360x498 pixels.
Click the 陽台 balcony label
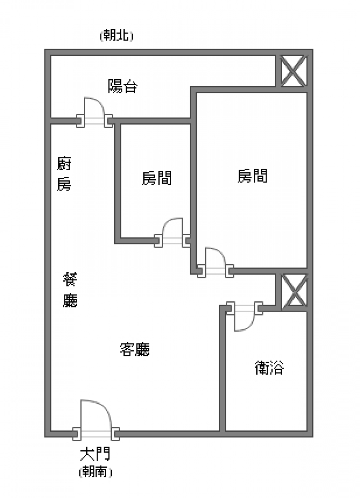(122, 87)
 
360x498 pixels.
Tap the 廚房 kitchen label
(64, 174)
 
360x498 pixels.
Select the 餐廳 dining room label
(70, 290)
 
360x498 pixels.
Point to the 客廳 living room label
(135, 349)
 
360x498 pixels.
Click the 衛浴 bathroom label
(270, 367)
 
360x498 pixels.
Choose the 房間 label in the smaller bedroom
(157, 178)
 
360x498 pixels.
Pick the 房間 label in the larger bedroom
(252, 176)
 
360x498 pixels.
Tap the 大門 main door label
(95, 454)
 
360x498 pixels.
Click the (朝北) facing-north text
(116, 36)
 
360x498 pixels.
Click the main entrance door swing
(96, 417)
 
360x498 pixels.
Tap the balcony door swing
(94, 109)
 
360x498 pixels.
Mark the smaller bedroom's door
(173, 231)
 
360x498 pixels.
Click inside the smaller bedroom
(154, 202)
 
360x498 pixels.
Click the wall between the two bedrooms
(194, 182)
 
